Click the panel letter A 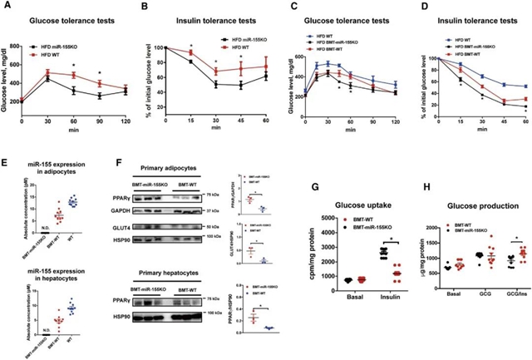pyautogui.click(x=9, y=7)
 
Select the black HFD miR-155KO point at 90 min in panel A pyautogui.click(x=99, y=96)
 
